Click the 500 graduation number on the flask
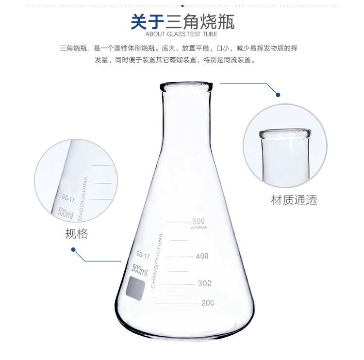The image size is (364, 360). [199, 221]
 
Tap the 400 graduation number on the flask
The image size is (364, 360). [202, 256]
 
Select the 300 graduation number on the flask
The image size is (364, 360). [204, 283]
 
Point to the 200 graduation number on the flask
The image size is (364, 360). [208, 303]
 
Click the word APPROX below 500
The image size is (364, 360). [199, 228]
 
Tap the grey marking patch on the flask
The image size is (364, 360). [135, 288]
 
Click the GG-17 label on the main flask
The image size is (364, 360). [143, 255]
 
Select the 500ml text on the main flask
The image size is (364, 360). [140, 270]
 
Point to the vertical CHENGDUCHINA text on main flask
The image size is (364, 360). [156, 261]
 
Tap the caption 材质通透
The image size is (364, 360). [294, 200]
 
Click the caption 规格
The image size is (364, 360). [76, 234]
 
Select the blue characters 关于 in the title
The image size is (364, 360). [148, 22]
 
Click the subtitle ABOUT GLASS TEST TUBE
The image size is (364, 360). [182, 34]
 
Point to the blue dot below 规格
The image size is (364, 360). [73, 250]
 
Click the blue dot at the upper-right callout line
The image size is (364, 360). [278, 95]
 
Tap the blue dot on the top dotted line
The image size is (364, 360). [182, 6]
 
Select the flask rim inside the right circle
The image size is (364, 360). [285, 134]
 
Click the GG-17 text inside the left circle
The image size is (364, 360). [68, 198]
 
